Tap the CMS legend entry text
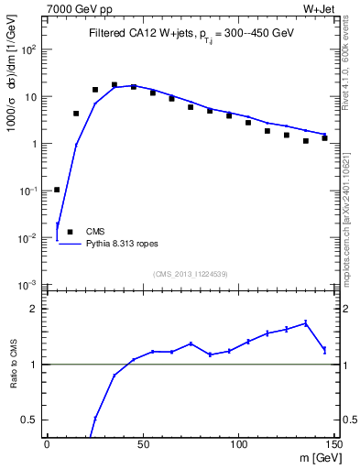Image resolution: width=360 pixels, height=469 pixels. pyautogui.click(x=95, y=232)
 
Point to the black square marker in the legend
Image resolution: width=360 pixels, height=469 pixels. pyautogui.click(x=70, y=232)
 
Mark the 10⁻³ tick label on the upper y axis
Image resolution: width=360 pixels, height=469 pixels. pyautogui.click(x=29, y=285)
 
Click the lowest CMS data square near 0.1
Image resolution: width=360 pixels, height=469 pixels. pyautogui.click(x=57, y=190)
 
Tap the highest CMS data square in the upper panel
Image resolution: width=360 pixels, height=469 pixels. pyautogui.click(x=115, y=85)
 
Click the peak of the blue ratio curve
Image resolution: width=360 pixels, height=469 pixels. pyautogui.click(x=306, y=322)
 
